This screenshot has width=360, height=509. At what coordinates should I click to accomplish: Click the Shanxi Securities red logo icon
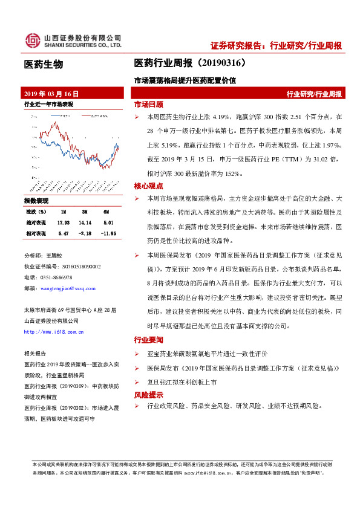point(32,41)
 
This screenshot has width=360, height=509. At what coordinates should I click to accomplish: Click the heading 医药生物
point(43,64)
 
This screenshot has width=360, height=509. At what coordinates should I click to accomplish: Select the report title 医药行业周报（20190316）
point(189,63)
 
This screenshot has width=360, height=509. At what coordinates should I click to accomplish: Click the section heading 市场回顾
point(148,104)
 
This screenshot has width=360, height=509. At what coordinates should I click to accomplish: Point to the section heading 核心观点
point(148,186)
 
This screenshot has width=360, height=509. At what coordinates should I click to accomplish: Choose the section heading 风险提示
point(148,395)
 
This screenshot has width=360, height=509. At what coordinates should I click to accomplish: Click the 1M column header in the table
point(64,212)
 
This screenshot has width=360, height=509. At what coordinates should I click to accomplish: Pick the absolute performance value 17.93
point(64,222)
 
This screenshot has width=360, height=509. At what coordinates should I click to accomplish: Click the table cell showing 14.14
point(86,222)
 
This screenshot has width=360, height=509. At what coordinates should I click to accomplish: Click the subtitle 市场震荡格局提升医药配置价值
point(185,80)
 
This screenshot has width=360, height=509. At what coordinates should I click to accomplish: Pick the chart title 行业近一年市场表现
point(48,104)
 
